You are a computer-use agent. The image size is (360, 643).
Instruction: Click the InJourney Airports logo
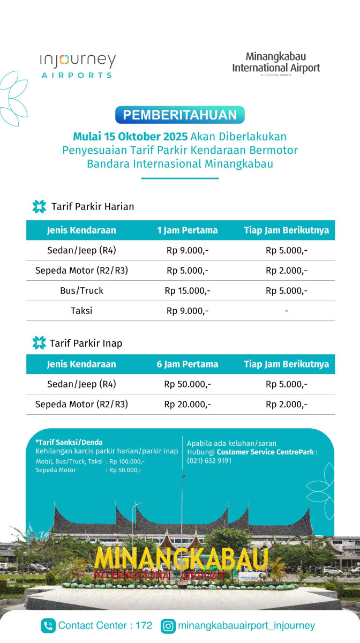click(x=78, y=66)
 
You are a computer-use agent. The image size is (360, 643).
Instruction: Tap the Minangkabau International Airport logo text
click(x=276, y=63)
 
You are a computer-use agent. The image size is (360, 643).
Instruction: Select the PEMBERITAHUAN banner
click(x=180, y=115)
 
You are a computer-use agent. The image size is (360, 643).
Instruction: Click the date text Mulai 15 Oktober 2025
click(x=130, y=136)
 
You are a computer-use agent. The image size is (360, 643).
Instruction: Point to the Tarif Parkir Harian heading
click(x=93, y=206)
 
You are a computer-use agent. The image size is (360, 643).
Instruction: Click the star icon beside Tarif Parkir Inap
click(x=39, y=343)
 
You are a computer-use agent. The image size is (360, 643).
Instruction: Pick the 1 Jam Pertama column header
click(x=187, y=230)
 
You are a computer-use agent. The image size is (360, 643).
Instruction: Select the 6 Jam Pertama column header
click(x=187, y=364)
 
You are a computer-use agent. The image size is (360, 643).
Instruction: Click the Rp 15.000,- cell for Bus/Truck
click(x=187, y=291)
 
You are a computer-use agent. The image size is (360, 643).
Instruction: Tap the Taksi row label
click(x=81, y=311)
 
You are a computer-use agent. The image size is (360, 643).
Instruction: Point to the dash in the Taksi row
click(x=287, y=311)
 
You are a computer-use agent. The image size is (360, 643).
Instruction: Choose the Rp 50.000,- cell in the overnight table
click(x=187, y=384)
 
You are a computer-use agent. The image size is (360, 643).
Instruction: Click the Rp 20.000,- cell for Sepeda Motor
click(x=187, y=405)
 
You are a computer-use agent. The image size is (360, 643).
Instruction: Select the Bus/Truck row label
click(x=81, y=291)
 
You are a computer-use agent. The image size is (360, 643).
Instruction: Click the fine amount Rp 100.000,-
click(x=127, y=461)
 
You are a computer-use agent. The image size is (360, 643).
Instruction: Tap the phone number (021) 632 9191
click(x=209, y=460)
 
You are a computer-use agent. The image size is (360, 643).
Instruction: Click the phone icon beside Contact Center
click(x=48, y=625)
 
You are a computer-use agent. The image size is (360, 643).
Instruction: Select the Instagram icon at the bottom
click(x=168, y=625)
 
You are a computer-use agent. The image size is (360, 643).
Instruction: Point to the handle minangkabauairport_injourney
click(x=246, y=625)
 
